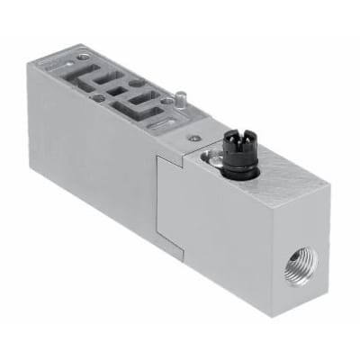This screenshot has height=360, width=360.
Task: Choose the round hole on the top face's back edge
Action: coord(135,83)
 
